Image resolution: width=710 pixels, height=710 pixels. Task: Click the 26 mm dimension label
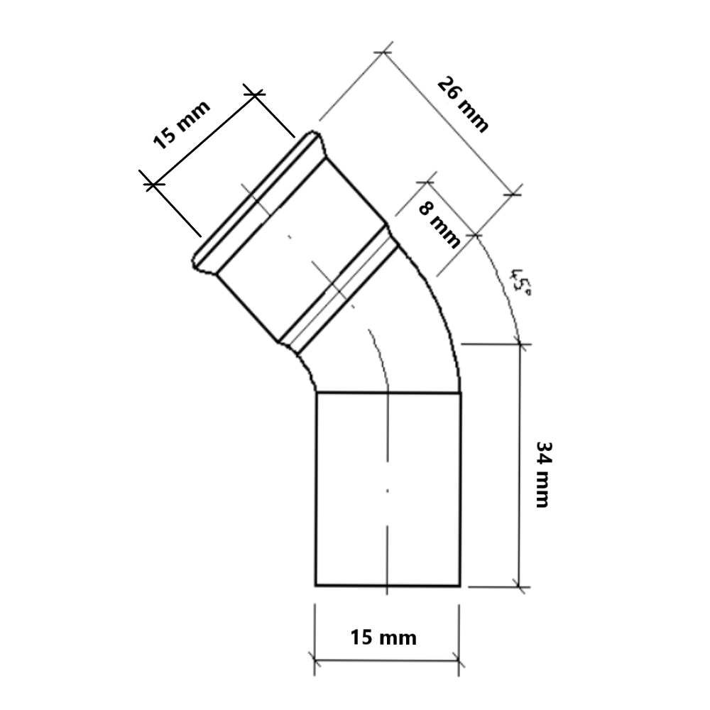[x=463, y=104]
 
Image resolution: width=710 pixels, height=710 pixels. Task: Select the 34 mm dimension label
[x=542, y=474]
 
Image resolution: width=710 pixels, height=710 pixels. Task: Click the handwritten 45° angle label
[x=520, y=283]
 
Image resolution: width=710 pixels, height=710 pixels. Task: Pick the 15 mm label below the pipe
[x=383, y=638]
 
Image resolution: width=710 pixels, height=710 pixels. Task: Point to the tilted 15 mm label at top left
[x=182, y=124]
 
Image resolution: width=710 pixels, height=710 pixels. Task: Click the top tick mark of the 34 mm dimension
[x=520, y=344]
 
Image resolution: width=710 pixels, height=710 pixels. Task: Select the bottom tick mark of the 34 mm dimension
[x=520, y=587]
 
